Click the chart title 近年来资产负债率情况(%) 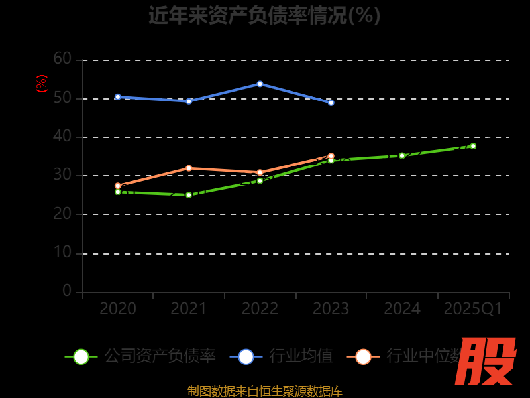264,15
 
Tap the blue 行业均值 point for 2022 260,84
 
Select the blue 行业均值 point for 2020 118,97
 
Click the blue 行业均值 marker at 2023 331,103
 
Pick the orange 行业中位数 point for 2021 189,168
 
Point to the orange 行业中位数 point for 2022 260,172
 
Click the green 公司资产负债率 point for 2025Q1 473,146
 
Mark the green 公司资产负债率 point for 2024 401,155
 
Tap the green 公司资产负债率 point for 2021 189,195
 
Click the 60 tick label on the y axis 62,59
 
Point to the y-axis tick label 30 62,175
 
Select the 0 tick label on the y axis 67,291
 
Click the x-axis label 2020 118,309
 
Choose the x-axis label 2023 331,309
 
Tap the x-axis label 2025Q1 473,309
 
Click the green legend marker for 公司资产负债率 81,356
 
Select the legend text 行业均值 301,356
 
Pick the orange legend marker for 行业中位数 363,356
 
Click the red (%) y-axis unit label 42,84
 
